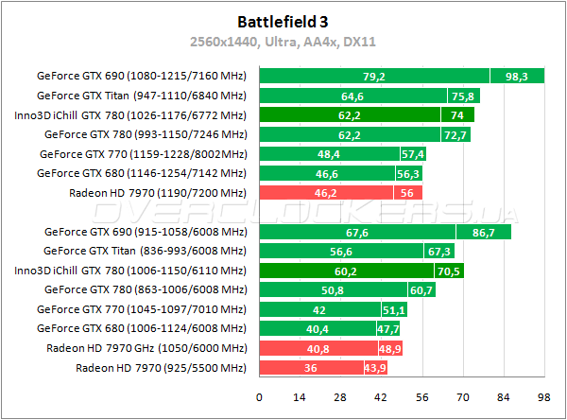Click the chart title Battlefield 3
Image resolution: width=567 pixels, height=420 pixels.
(x=283, y=19)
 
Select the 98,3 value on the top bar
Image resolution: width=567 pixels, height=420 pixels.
(x=516, y=77)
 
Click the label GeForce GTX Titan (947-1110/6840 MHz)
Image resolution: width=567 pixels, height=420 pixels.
(x=142, y=96)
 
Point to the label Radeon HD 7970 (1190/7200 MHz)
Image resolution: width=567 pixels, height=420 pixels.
(x=158, y=193)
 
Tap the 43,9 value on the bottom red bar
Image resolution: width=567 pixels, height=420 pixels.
(x=389, y=368)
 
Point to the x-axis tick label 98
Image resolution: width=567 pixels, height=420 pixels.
(x=542, y=397)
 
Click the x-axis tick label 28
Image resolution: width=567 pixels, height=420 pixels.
(x=340, y=397)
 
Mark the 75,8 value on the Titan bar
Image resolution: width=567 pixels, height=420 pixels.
(x=462, y=96)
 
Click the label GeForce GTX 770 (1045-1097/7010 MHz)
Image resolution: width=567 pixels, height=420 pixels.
(x=142, y=309)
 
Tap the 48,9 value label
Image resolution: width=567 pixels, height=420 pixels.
(x=390, y=348)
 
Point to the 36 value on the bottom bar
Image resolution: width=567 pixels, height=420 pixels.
(x=310, y=368)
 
